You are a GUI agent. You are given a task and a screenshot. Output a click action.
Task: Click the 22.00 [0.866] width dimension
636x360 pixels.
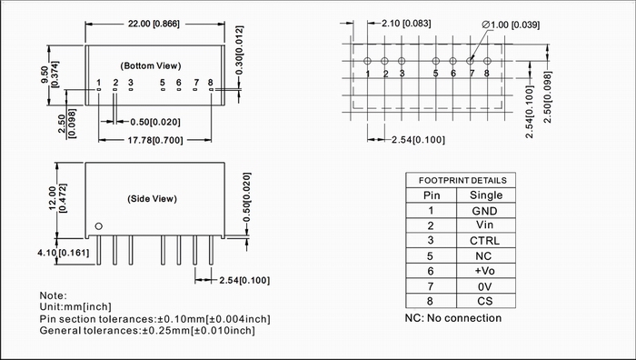154,24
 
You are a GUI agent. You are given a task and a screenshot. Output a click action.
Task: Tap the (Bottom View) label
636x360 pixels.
151,65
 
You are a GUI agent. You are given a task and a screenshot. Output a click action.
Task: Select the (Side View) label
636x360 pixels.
152,199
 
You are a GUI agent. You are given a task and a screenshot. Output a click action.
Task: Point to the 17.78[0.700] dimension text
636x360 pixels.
155,140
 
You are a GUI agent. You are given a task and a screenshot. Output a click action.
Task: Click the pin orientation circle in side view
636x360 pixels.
98,226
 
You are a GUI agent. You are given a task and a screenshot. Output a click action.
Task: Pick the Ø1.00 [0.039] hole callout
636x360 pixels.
511,25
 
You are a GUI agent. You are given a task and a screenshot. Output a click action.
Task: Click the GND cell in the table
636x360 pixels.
484,211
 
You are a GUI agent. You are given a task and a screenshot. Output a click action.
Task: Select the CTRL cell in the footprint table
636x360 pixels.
484,241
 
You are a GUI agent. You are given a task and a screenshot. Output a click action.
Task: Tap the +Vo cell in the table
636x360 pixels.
484,271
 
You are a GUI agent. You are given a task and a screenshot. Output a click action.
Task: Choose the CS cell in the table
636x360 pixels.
484,301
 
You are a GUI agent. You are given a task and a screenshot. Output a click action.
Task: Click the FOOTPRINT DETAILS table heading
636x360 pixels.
462,181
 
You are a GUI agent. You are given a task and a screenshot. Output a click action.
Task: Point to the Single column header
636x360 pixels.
486,195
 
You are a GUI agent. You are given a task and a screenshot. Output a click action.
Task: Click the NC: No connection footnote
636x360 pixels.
453,318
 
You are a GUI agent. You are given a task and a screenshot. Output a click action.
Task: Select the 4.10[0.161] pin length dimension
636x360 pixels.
64,253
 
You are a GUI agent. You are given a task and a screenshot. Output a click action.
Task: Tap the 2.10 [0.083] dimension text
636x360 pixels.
406,23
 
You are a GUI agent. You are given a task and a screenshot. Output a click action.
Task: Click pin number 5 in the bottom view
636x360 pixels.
163,83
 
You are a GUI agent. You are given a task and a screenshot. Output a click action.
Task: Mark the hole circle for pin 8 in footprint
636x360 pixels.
487,61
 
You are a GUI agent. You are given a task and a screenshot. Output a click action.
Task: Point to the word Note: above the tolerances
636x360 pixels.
53,295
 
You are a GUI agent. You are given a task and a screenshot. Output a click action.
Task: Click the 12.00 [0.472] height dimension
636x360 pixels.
57,198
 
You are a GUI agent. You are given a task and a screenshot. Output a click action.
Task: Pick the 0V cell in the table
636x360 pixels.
484,287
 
